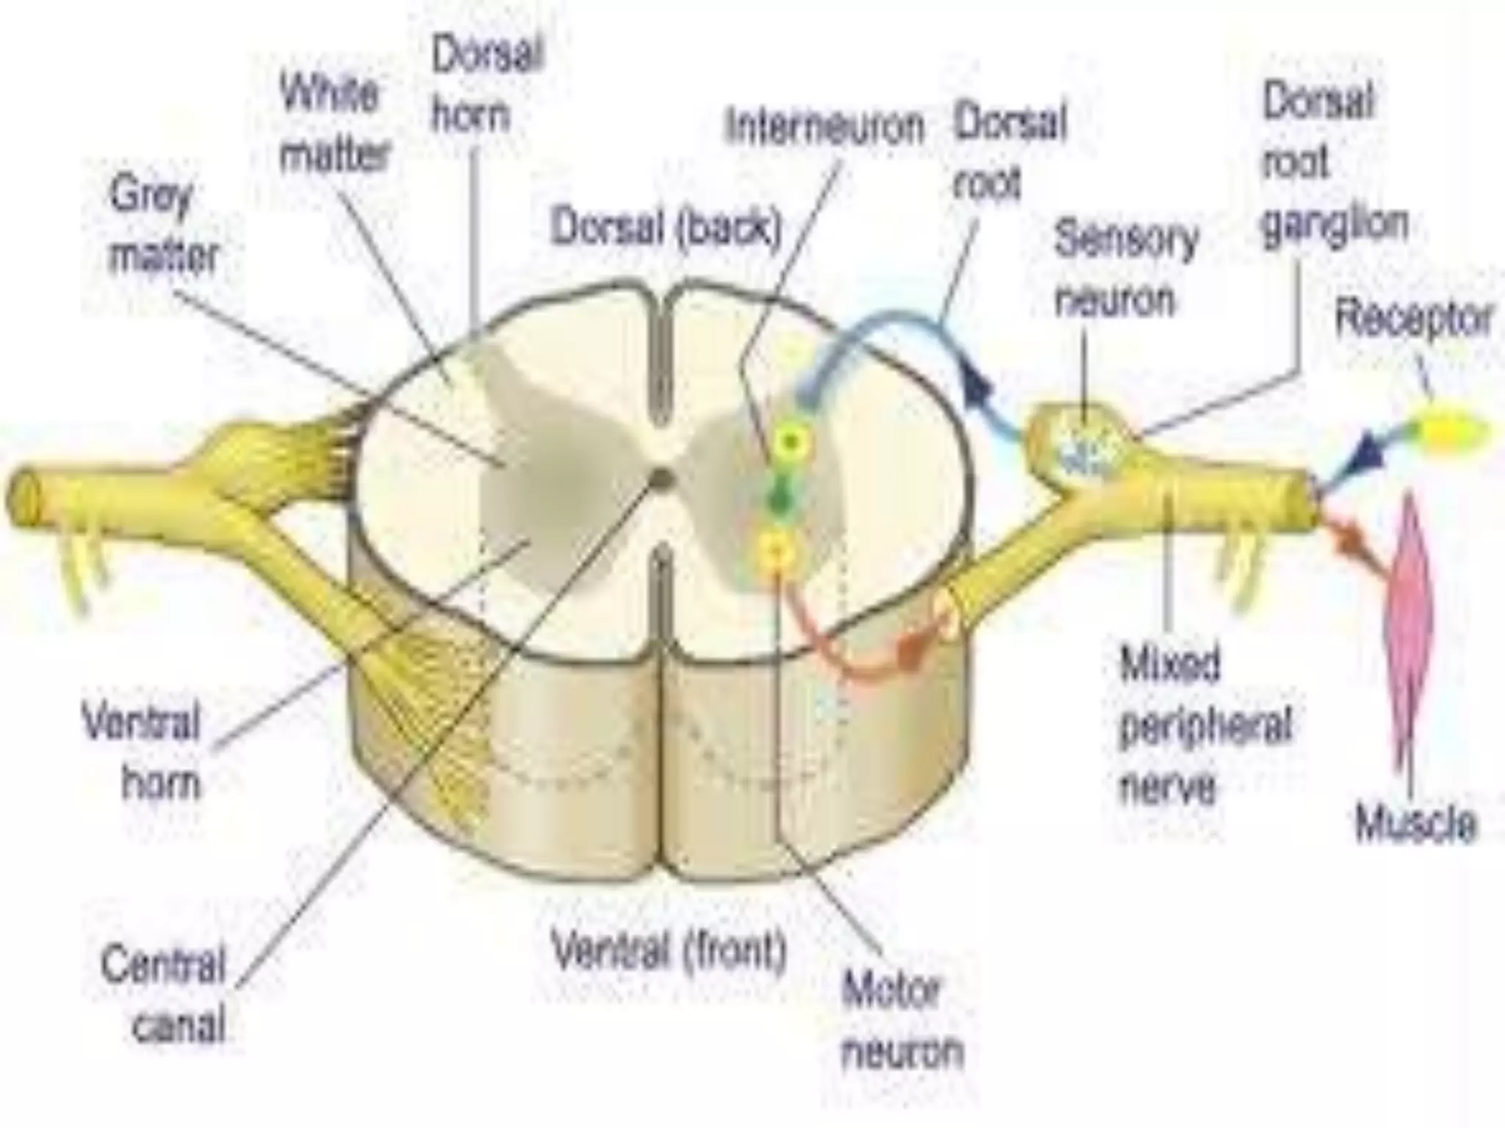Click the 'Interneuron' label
click(825, 126)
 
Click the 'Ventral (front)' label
click(669, 950)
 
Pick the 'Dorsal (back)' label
click(665, 227)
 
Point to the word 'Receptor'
click(1412, 319)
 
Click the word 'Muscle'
click(1415, 822)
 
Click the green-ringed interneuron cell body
click(790, 441)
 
